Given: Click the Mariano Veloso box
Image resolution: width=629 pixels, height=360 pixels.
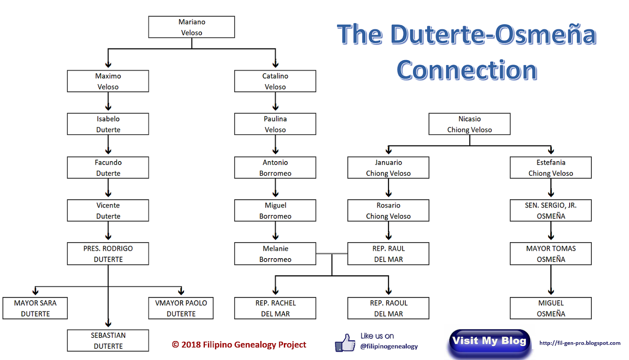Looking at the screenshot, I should (191, 27).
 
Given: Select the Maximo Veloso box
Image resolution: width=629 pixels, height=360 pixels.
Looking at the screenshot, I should (108, 81).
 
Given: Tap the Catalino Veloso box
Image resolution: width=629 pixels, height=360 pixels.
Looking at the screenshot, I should (275, 81).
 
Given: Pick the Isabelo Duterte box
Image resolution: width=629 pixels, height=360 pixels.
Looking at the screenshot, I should (108, 124).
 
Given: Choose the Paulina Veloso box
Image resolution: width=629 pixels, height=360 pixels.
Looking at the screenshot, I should (275, 124).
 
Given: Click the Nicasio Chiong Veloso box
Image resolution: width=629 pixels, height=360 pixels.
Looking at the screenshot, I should (469, 124).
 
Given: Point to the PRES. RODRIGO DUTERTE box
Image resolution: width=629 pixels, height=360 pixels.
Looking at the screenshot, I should (108, 253).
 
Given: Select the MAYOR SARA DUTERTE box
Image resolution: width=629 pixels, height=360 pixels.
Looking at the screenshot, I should (35, 308).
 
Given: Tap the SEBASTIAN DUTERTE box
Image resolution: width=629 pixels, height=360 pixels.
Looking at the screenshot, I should (108, 340).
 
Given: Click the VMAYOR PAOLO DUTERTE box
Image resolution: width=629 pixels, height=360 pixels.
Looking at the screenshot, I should (181, 308).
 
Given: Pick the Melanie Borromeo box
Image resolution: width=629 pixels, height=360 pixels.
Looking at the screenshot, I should (275, 253).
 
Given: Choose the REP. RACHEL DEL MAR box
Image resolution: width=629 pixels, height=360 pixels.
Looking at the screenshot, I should (275, 308).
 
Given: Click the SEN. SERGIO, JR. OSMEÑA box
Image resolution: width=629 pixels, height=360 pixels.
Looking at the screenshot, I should (551, 211).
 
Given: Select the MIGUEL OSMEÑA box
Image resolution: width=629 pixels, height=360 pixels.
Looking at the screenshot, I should (551, 308).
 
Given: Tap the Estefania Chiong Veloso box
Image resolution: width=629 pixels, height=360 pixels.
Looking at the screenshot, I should (551, 168).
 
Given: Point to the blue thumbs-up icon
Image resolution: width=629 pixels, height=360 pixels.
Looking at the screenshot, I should (345, 343).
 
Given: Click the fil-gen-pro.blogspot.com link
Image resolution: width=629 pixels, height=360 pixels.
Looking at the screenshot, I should (580, 343).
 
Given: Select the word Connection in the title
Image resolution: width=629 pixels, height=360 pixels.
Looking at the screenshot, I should (467, 70).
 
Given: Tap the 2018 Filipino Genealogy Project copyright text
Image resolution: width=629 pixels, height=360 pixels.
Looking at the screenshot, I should (239, 345).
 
